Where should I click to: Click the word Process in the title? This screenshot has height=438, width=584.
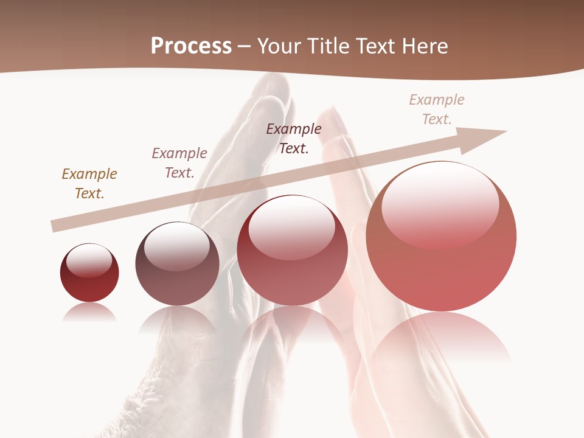191,46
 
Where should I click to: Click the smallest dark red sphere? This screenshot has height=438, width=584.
89,274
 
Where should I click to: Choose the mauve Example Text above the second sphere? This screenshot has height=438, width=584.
179,162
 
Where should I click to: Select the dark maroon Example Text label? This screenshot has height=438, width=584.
294,138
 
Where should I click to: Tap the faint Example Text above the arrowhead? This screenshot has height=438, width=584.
437,109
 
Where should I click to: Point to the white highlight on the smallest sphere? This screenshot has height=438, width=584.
89,260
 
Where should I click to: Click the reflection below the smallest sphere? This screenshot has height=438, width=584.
89,313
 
